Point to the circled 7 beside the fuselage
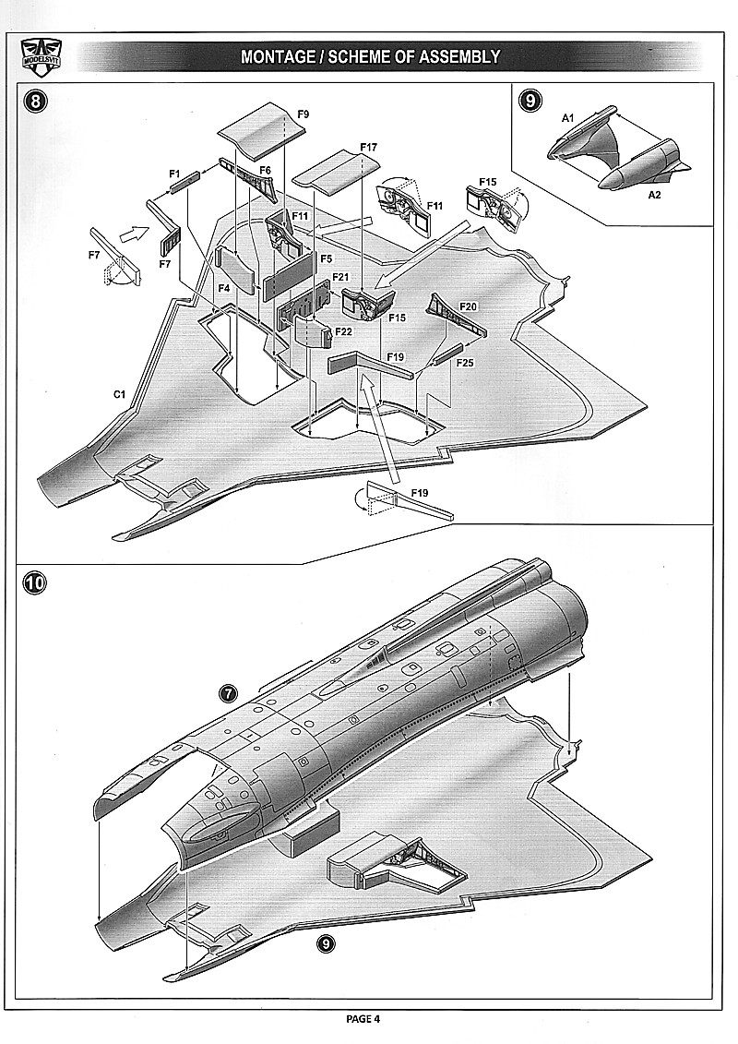pos(229,693)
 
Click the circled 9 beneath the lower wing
pos(325,942)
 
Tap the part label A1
pos(568,118)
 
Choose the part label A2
pos(653,196)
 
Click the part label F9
pos(303,114)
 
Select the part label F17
pos(369,148)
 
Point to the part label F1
pos(174,173)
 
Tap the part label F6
pos(265,171)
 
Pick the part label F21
pos(340,277)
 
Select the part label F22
pos(343,330)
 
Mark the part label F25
pos(465,364)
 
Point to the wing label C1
pos(119,394)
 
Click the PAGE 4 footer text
pos(363,1019)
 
